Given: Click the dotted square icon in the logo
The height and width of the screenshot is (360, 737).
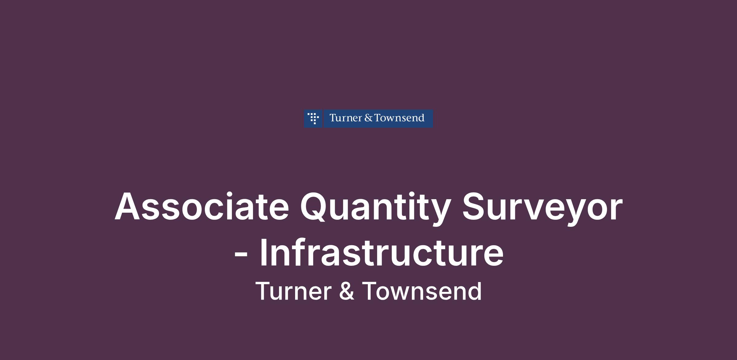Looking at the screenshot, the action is point(313,118).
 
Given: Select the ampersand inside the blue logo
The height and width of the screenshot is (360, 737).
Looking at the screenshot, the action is point(368,118).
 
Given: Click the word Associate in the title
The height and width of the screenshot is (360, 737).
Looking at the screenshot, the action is point(202,206).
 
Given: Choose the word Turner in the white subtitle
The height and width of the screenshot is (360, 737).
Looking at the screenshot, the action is point(294,291).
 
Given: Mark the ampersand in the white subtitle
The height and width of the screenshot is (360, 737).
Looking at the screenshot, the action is point(347,291).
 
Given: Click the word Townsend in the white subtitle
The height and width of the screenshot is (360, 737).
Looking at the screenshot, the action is point(422,291).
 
